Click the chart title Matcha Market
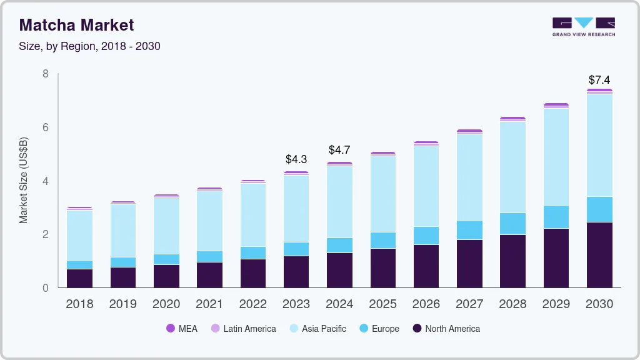76,25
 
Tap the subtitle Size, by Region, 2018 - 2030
90,46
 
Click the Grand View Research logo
583,27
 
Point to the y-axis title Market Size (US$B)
24,181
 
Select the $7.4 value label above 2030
599,80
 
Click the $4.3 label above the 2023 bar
296,159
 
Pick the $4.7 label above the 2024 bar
339,150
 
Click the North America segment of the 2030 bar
599,255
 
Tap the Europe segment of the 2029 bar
556,217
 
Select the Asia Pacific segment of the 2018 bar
79,235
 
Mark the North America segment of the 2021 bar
209,275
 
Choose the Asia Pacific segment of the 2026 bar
426,186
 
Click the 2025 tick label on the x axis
382,304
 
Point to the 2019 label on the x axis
122,304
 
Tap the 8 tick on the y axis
46,74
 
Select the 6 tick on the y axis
46,127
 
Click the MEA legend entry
181,329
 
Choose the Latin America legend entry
243,329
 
